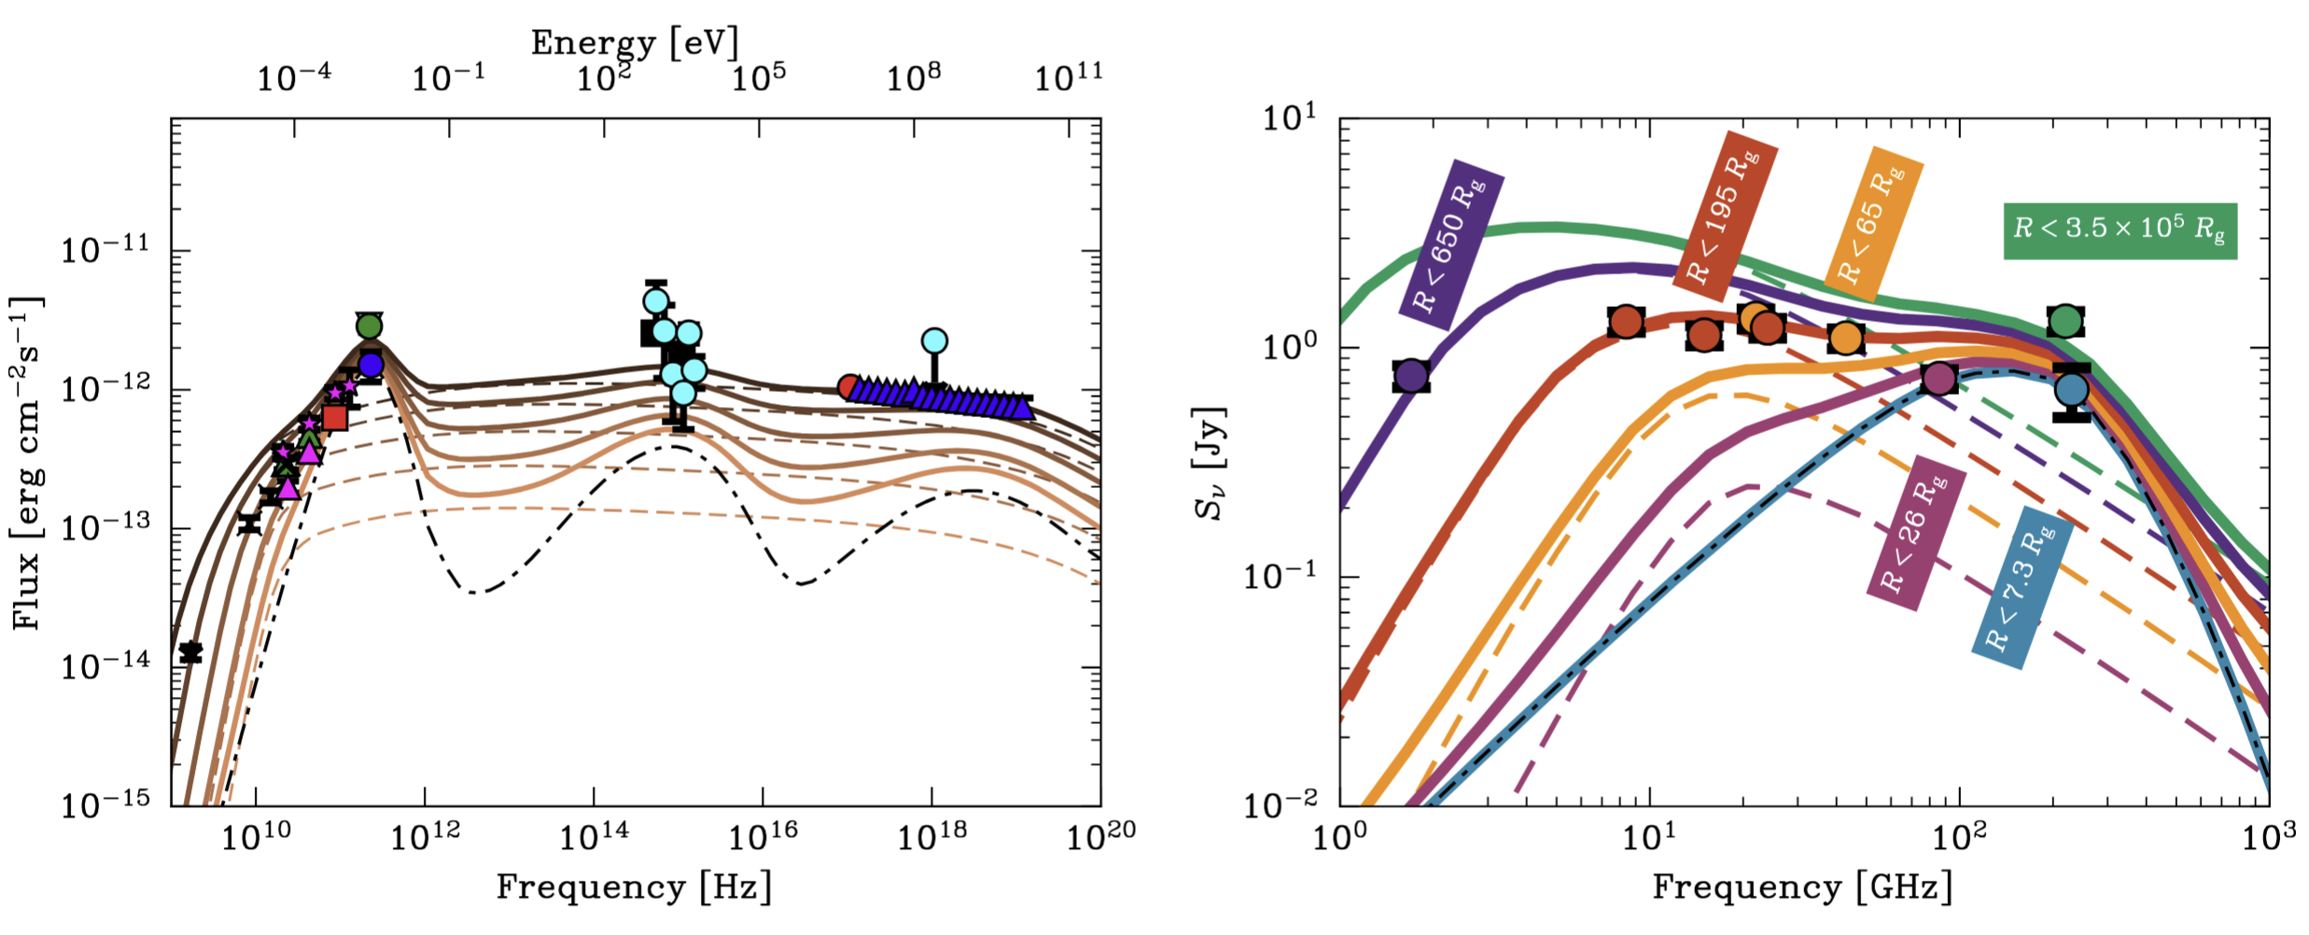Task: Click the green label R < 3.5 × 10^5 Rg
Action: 2119,230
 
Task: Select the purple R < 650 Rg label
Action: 1452,244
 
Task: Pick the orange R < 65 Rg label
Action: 1872,224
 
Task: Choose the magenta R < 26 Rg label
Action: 1916,534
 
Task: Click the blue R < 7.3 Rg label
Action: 2022,588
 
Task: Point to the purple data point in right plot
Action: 1411,376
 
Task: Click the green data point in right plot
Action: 2065,322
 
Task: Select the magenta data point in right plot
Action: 1939,379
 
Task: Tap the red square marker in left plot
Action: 335,417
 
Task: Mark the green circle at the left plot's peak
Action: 370,326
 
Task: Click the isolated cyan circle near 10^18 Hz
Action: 934,342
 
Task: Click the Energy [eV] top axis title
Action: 635,42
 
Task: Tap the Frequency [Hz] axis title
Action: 635,886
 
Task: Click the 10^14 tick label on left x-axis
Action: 593,838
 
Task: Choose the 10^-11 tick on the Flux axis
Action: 105,251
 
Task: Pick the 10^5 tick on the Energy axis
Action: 758,78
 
